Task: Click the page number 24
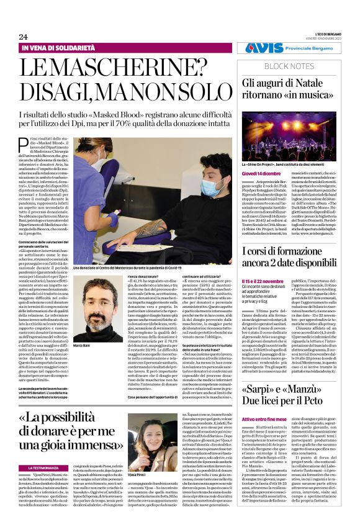pos(23,37)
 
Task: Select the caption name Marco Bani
pos(82,345)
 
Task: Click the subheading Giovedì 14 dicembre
pos(261,174)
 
